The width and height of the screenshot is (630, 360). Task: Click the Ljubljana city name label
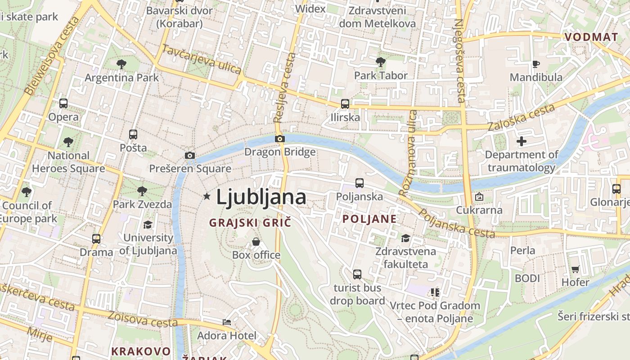(x=261, y=198)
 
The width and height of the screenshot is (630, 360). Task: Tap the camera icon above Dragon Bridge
(x=280, y=139)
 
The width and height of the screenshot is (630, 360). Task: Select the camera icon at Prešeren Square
(x=190, y=156)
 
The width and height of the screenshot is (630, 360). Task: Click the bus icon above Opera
(x=63, y=103)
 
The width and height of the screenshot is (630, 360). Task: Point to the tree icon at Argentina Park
(x=121, y=64)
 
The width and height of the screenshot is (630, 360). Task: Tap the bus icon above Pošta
(x=133, y=134)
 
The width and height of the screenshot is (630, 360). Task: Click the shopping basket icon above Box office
(x=256, y=242)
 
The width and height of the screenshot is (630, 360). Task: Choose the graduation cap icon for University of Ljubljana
(x=148, y=225)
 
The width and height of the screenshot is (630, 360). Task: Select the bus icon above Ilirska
(x=345, y=104)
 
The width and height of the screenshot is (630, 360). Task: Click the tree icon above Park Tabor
(x=380, y=62)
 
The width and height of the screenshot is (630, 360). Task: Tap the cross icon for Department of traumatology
(x=522, y=141)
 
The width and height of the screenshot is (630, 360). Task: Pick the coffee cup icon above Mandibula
(x=535, y=64)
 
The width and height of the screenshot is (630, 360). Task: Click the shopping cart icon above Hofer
(x=575, y=269)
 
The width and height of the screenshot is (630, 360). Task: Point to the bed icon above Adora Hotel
(x=227, y=322)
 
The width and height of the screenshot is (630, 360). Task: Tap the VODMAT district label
(x=591, y=37)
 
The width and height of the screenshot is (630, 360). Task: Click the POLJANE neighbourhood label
(x=369, y=219)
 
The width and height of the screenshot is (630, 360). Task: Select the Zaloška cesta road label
(x=521, y=118)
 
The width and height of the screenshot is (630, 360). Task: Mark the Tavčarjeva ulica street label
(x=201, y=59)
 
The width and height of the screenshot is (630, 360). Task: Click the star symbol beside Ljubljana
(x=207, y=196)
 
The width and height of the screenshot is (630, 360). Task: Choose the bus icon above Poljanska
(x=359, y=183)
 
